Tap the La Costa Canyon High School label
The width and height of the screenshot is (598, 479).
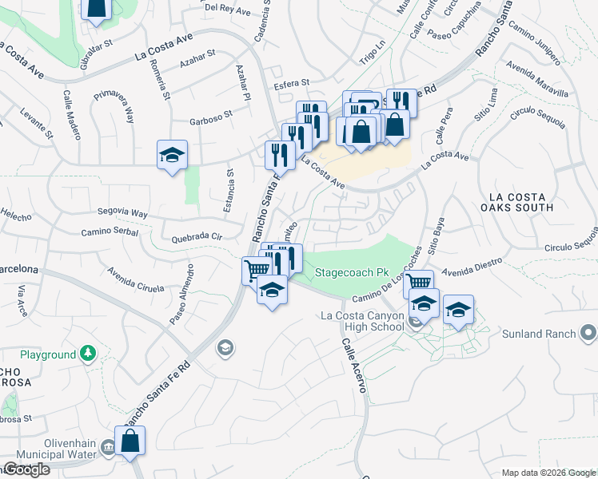point(361,321)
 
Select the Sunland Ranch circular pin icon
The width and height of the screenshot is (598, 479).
point(588,331)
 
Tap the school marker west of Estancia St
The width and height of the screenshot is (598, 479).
point(172,156)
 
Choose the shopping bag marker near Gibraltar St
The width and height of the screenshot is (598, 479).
point(96,10)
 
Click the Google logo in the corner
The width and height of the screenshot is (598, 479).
point(27,469)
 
